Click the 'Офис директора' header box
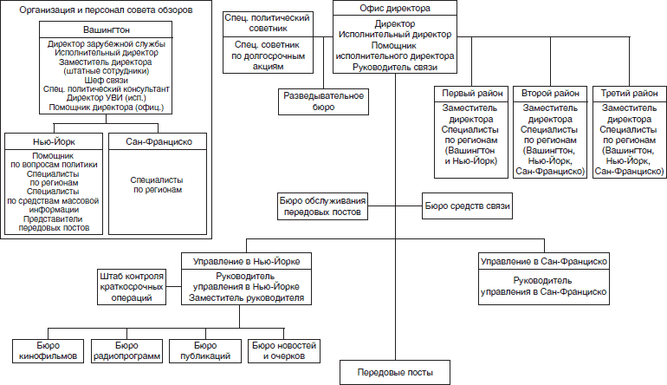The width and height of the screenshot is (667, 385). [395, 9]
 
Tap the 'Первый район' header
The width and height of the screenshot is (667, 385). [469, 93]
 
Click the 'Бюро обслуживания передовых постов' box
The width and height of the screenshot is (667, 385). [322, 206]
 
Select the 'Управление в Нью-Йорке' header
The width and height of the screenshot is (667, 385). [246, 260]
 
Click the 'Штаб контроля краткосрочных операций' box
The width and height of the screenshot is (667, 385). [131, 286]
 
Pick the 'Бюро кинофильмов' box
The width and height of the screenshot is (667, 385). [49, 349]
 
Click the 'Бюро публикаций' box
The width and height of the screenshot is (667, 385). [205, 349]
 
